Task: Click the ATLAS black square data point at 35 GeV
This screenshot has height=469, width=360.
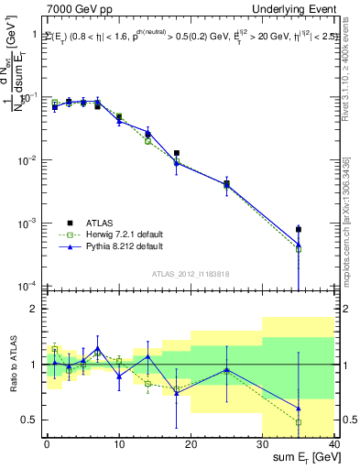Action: pos(299,229)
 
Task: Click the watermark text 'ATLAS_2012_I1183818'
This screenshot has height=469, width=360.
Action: pos(191,274)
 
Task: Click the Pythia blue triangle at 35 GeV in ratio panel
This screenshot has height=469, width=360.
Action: pos(299,408)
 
